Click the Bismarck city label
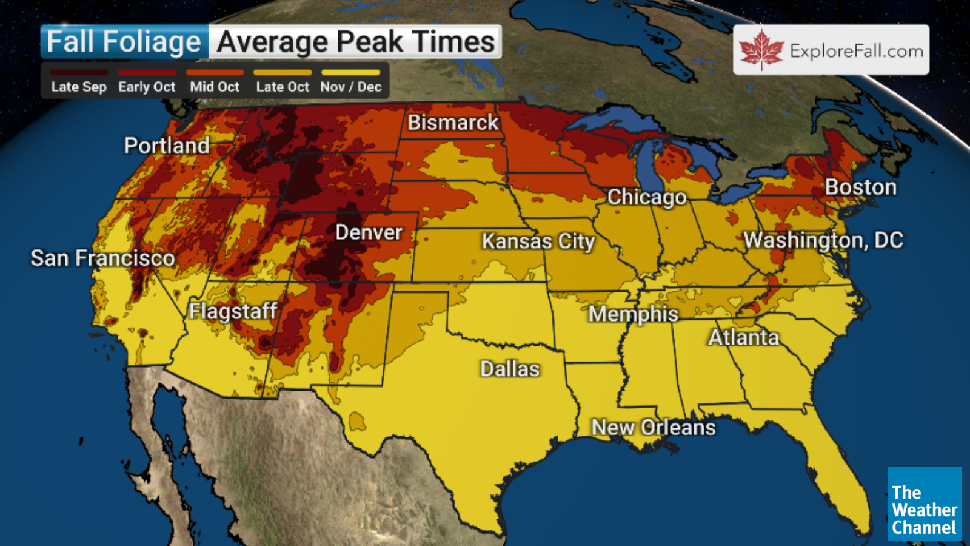[x=453, y=123]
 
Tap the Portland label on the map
[x=167, y=146]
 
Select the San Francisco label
[x=102, y=258]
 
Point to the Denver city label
[x=369, y=232]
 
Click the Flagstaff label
[x=233, y=311]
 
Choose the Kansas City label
[x=538, y=241]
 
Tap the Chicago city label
[x=647, y=197]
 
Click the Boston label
[x=860, y=187]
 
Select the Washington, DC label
[x=823, y=240]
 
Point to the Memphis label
[x=633, y=314]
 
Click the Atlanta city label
[x=743, y=338]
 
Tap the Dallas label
[x=510, y=369]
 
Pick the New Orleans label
[x=654, y=428]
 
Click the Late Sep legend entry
[x=79, y=87]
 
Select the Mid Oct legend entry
[x=215, y=87]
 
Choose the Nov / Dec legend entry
[x=350, y=87]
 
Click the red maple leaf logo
[x=761, y=50]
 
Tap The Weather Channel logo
[x=924, y=504]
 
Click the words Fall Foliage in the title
[x=124, y=42]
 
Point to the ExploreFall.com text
[x=856, y=51]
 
